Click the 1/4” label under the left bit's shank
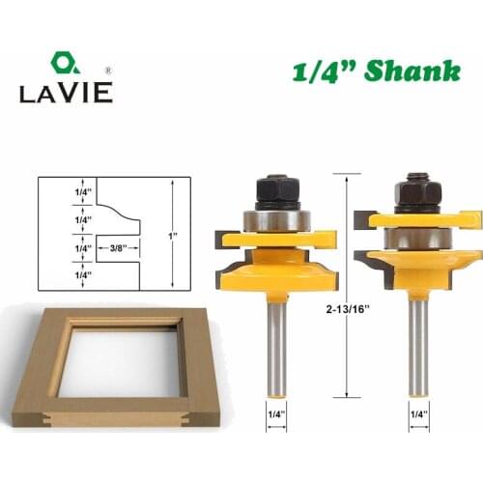point(275,416)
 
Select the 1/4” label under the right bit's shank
point(417,416)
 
